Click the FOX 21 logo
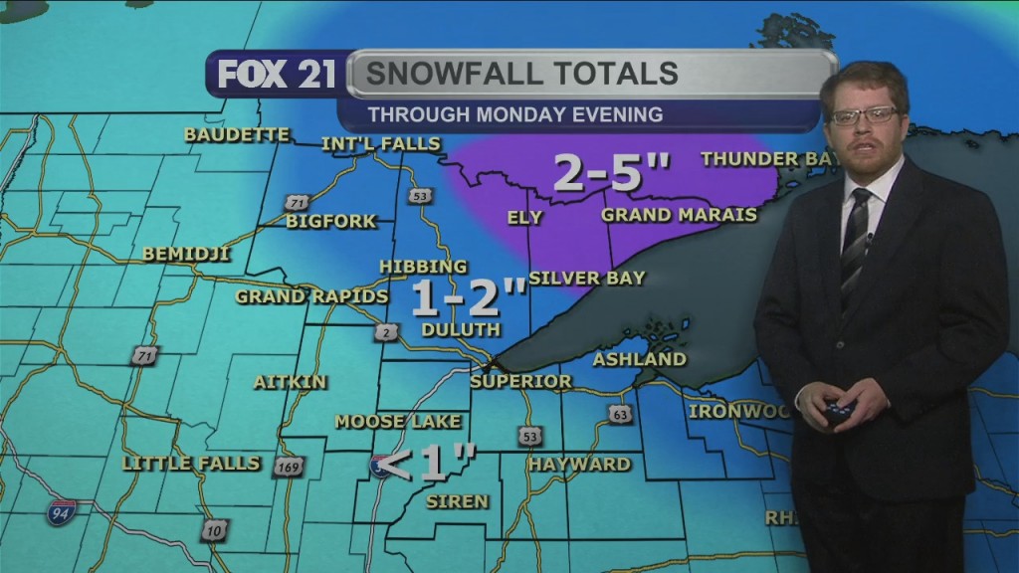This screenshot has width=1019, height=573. [277, 75]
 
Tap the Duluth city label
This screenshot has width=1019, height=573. [461, 329]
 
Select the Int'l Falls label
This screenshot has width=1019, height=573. [380, 144]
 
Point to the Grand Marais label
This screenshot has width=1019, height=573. [680, 215]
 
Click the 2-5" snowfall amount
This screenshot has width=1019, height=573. [611, 174]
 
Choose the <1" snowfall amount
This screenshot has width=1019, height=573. [428, 464]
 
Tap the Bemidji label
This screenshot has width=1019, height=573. [186, 254]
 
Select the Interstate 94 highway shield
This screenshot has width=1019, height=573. [60, 513]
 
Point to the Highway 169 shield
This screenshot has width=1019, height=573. [286, 467]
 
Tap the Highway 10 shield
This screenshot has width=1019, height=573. [214, 530]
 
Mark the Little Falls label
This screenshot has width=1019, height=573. [190, 464]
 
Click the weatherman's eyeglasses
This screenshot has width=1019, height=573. [863, 116]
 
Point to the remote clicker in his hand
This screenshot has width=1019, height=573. [840, 407]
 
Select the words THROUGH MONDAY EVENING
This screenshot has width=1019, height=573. [514, 114]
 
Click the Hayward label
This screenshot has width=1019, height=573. [579, 465]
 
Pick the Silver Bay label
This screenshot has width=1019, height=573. [580, 278]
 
